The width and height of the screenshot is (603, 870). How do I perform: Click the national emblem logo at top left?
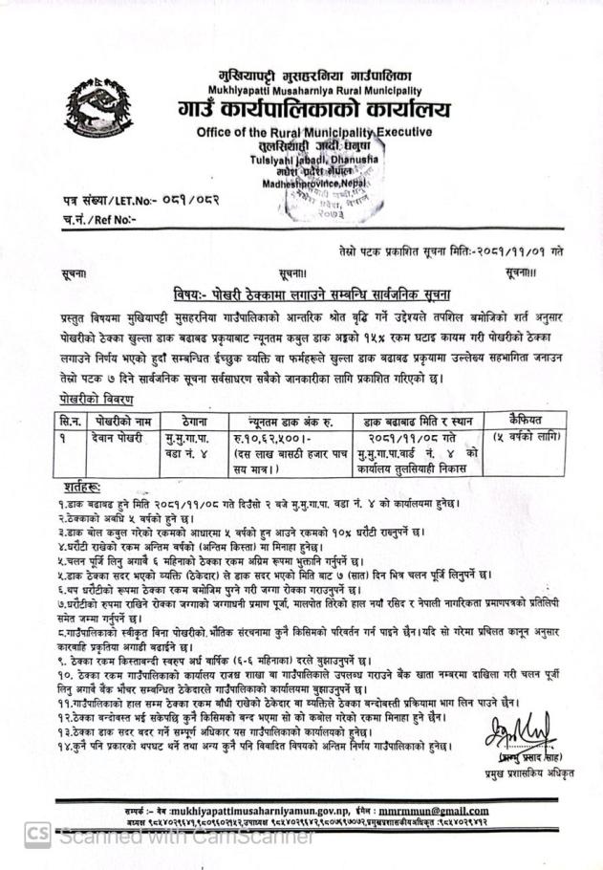tap(93, 112)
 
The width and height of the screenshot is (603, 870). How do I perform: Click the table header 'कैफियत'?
tap(515, 420)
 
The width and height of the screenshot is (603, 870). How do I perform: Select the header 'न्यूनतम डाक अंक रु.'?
tap(277, 420)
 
